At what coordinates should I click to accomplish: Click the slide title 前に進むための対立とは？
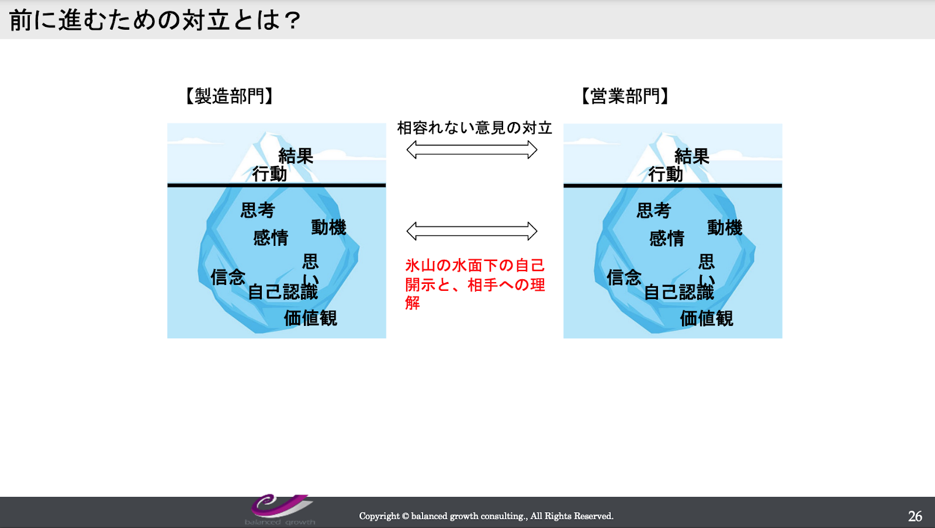155,20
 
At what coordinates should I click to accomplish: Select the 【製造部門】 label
229,96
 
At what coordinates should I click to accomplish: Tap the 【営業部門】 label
625,96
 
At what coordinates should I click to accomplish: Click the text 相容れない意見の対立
475,128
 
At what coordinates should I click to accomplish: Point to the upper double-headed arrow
472,150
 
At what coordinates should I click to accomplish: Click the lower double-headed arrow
472,231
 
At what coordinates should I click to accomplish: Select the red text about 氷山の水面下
475,284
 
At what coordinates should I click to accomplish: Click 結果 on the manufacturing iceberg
296,157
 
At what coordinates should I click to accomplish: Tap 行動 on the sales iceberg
666,174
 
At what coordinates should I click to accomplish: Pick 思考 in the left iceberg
258,210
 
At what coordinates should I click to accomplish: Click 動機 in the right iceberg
725,228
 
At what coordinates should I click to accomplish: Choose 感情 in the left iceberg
271,238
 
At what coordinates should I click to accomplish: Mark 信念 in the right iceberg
624,277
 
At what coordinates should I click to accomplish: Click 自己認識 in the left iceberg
283,291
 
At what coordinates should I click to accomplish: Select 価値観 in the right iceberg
707,318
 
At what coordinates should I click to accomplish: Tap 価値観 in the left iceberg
310,318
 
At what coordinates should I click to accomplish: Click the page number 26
915,516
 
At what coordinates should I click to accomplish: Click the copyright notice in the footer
486,516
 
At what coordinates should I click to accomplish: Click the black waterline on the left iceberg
276,185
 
